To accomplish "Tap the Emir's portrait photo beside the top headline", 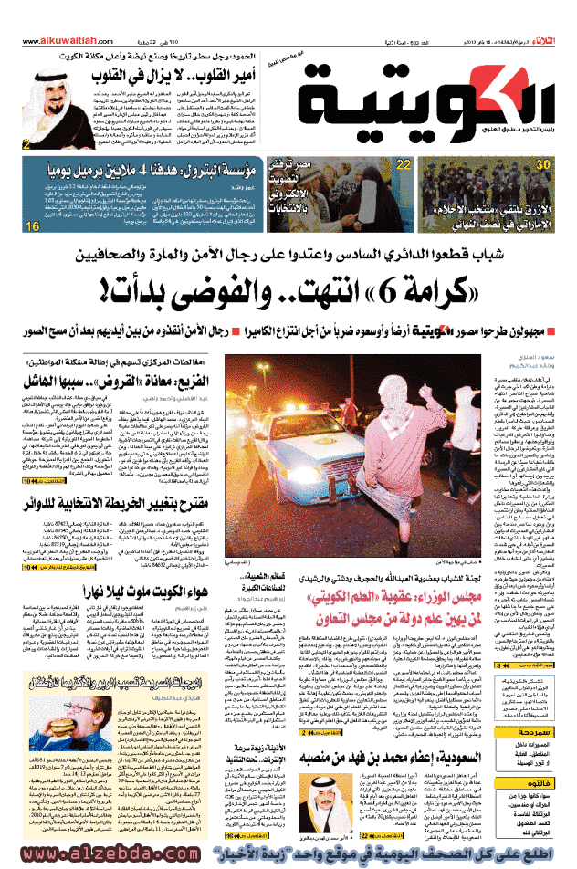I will click(37, 106).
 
